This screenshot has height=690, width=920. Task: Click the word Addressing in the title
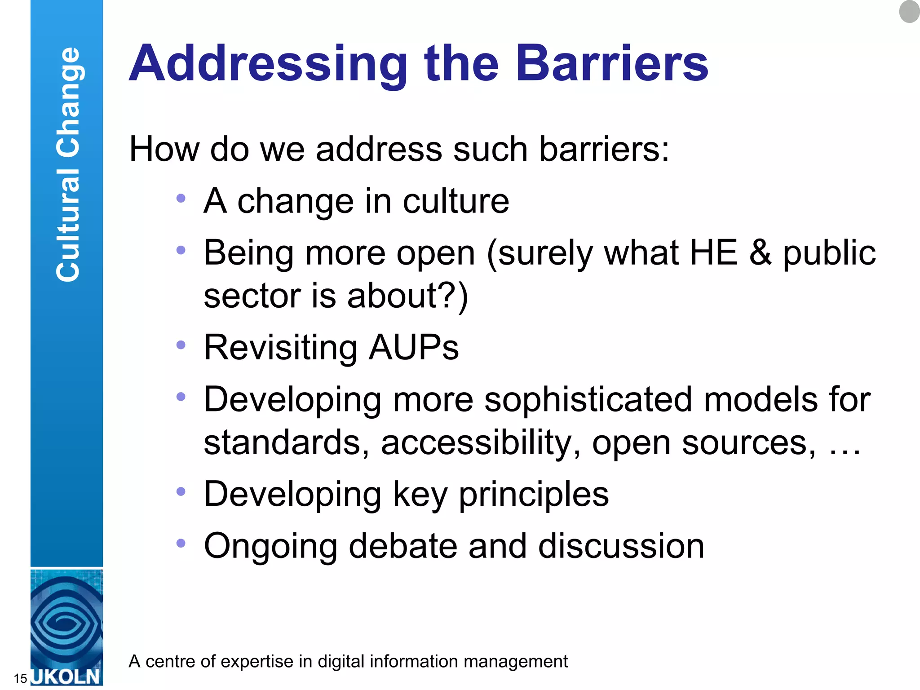click(268, 64)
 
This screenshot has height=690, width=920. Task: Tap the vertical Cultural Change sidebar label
click(67, 164)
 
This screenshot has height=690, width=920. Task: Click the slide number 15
click(20, 678)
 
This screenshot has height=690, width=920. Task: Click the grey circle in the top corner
click(910, 11)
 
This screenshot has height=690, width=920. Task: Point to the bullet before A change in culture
click(181, 198)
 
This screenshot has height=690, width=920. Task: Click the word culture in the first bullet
click(456, 201)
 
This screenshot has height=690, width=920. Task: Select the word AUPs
click(413, 348)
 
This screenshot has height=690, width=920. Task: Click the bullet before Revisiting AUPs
click(181, 345)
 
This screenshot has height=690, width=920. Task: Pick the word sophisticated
click(588, 400)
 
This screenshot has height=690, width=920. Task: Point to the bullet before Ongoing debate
click(181, 543)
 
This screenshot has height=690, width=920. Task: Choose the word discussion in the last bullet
click(621, 546)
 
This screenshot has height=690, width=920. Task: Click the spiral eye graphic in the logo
click(66, 622)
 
